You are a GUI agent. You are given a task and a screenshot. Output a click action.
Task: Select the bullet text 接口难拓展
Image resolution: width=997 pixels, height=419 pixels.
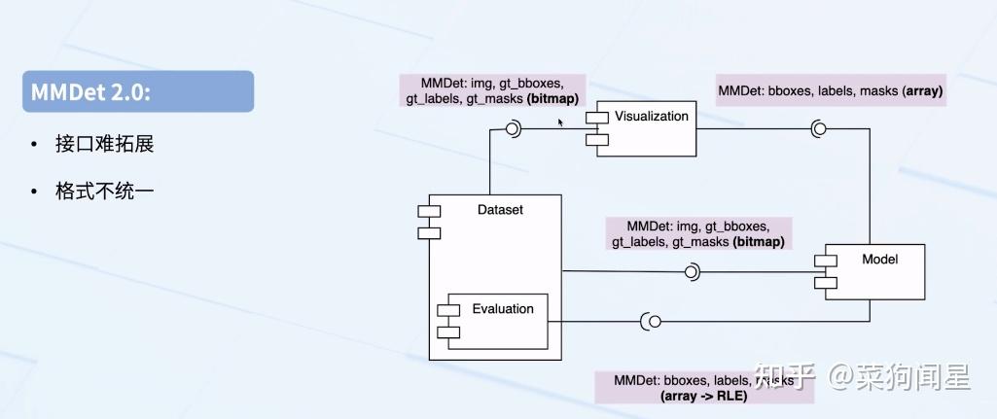[x=105, y=145]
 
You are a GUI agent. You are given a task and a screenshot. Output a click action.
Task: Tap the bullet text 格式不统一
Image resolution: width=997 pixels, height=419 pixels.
[x=105, y=192]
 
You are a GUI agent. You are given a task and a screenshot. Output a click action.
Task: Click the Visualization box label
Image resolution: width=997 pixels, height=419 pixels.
[x=651, y=117]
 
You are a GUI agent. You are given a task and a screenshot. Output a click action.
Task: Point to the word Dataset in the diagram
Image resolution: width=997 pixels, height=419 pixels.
[x=500, y=209]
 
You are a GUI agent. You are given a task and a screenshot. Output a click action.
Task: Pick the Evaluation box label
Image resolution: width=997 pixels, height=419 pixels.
[x=503, y=309]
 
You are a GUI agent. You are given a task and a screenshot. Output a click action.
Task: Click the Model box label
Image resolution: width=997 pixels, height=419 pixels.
[x=879, y=260]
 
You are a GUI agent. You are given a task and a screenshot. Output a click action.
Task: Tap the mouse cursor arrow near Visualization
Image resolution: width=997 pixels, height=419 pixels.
[x=559, y=122]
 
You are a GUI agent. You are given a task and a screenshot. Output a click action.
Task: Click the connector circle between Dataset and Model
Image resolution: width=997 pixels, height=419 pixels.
[x=693, y=272]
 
